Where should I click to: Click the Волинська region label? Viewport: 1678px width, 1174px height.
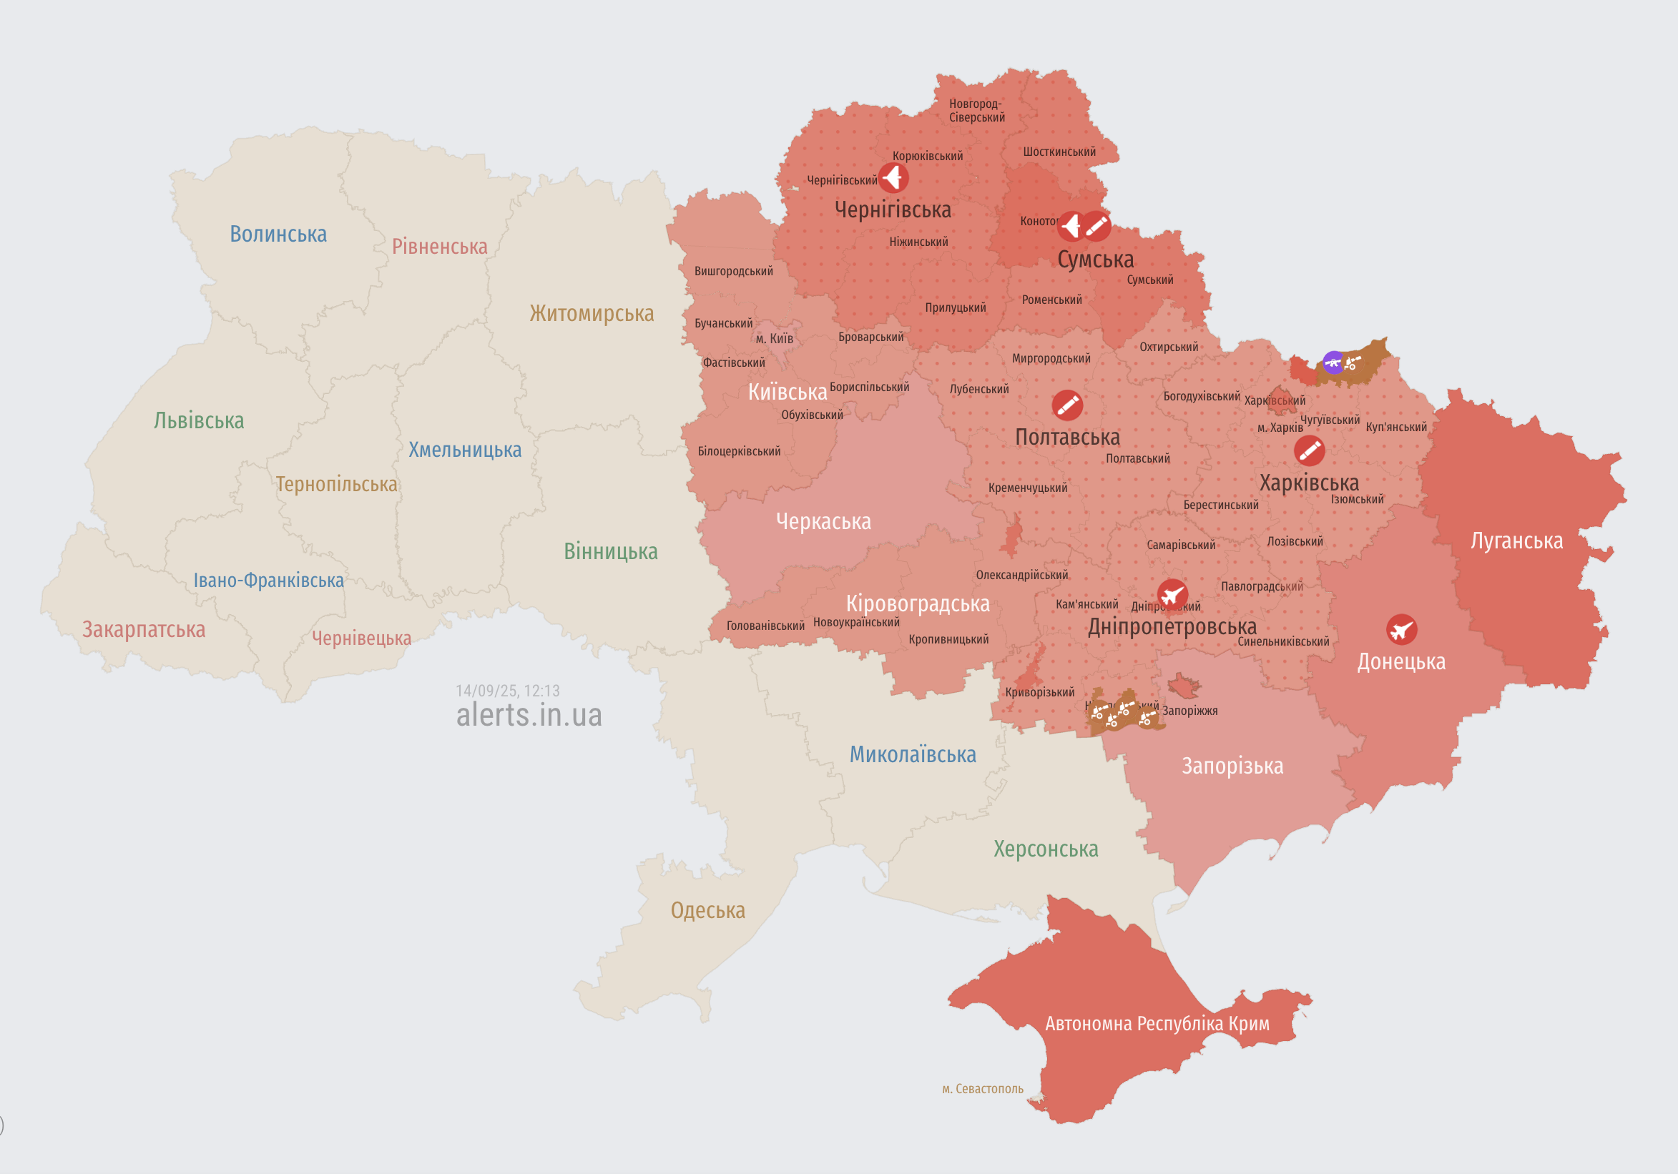click(278, 234)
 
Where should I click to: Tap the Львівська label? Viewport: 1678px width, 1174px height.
click(198, 421)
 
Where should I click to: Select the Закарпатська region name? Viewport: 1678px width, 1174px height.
click(143, 629)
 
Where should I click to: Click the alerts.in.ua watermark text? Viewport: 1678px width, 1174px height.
click(529, 715)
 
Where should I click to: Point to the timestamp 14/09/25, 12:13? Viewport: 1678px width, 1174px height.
click(507, 691)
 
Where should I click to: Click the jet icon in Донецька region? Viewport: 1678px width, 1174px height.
click(1401, 629)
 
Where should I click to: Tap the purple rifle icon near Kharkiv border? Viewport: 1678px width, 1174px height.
click(1333, 362)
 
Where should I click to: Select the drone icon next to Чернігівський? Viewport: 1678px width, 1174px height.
click(893, 177)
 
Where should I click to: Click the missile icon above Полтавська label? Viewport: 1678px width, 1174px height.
click(1066, 405)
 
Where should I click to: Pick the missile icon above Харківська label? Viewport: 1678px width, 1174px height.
click(1309, 450)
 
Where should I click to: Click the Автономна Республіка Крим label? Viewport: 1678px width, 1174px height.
click(1157, 1024)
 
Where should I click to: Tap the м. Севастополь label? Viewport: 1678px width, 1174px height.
click(982, 1088)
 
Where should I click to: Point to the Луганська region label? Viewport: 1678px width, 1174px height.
click(1516, 541)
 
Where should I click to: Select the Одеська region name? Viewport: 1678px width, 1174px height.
click(707, 910)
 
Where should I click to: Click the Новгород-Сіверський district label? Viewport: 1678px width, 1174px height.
click(976, 110)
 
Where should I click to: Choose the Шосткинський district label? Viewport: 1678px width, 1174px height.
click(1059, 152)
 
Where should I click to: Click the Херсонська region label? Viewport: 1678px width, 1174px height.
click(1045, 849)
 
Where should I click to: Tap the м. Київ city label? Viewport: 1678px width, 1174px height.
click(774, 338)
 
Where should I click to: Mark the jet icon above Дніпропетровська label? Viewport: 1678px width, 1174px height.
click(1172, 595)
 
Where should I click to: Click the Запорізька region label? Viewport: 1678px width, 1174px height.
click(1232, 766)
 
